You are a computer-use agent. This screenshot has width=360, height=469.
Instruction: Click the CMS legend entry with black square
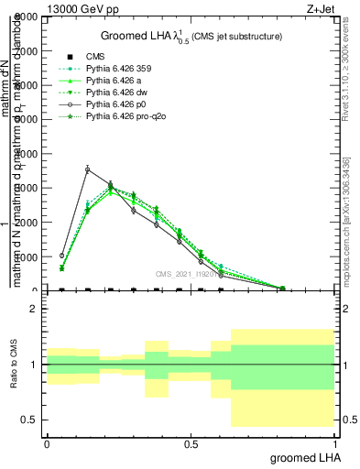tap(99, 57)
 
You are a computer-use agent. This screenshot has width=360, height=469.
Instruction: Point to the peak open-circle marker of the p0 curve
tap(87, 169)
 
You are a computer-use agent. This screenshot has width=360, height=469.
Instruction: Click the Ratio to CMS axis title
tap(15, 364)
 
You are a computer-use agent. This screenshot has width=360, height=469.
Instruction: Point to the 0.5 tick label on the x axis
tap(191, 443)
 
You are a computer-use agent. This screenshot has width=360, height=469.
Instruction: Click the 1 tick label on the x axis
tap(334, 443)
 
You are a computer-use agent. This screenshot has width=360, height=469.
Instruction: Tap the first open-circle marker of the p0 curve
tap(61, 256)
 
